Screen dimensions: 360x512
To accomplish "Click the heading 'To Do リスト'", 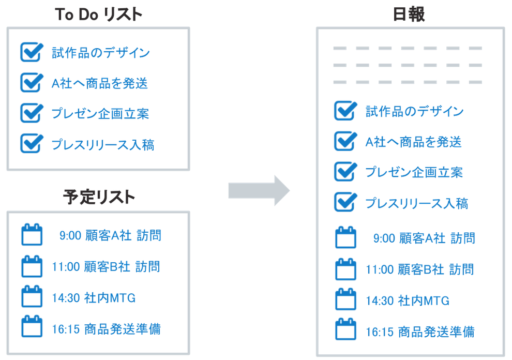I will [98, 15].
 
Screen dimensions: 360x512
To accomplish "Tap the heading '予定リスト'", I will [98, 197].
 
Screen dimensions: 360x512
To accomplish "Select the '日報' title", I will [409, 15].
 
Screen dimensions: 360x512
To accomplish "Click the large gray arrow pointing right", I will [259, 190].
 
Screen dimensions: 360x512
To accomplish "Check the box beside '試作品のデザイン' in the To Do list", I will [31, 52].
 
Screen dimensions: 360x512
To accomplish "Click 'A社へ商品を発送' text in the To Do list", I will [100, 83].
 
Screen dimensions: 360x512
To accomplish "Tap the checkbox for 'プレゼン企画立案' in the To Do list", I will [31, 112].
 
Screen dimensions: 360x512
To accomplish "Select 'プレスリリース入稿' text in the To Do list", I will [102, 144].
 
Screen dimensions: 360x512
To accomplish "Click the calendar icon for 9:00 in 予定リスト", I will [32, 235].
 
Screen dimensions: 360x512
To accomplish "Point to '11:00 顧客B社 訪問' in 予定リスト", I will [107, 267].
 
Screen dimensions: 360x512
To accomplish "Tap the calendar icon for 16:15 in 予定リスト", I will [32, 327].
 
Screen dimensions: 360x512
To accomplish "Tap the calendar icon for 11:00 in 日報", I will [345, 268].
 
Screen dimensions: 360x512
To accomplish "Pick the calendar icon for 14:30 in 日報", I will [345, 299].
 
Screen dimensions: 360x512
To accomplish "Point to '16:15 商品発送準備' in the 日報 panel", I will [420, 331].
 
